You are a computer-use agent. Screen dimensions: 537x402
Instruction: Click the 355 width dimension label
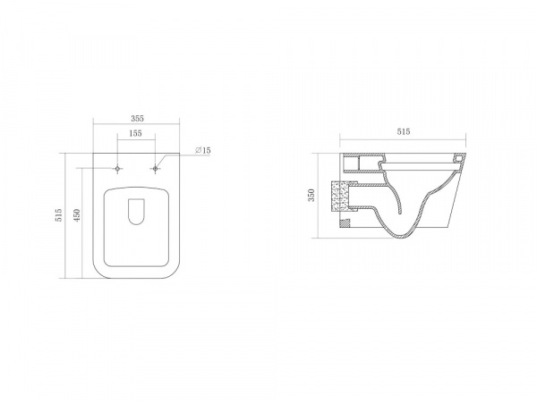137,119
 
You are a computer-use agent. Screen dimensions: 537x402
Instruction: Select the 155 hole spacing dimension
136,133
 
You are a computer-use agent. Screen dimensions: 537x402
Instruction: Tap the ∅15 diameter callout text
203,150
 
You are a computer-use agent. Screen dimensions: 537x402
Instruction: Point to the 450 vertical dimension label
77,216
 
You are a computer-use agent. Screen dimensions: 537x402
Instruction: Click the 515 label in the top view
59,215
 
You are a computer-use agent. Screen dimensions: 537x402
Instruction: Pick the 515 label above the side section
404,131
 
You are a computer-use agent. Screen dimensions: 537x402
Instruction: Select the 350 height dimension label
311,195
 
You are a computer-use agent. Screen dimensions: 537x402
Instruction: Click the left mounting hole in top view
118,169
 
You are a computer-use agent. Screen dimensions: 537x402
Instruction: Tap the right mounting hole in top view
155,169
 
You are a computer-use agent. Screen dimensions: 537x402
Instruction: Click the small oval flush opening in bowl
136,212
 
